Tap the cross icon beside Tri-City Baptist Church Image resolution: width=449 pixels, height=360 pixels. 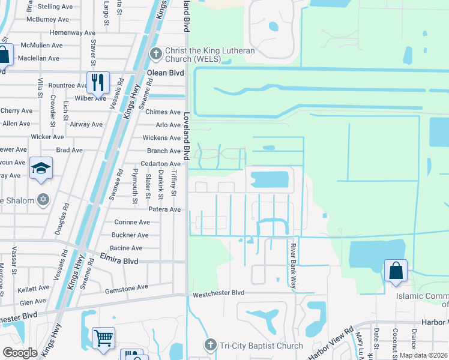coord(209,344)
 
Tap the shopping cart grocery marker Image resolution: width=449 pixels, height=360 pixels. coord(103,337)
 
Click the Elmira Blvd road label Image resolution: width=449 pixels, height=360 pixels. coord(131,262)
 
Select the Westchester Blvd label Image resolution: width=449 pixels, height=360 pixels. coord(218,293)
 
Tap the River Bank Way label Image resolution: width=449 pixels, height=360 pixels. coord(294,266)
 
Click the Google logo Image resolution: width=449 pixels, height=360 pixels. coord(20,353)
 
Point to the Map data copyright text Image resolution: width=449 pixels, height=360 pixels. coord(423,355)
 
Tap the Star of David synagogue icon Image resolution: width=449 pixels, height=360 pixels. coord(43,199)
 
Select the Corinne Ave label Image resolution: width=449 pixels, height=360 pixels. coord(131,222)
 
